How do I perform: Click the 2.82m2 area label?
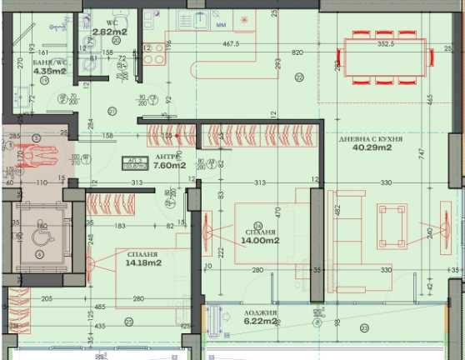point(109,32)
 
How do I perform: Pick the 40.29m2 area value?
point(372,148)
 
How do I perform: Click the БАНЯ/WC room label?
point(48,62)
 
